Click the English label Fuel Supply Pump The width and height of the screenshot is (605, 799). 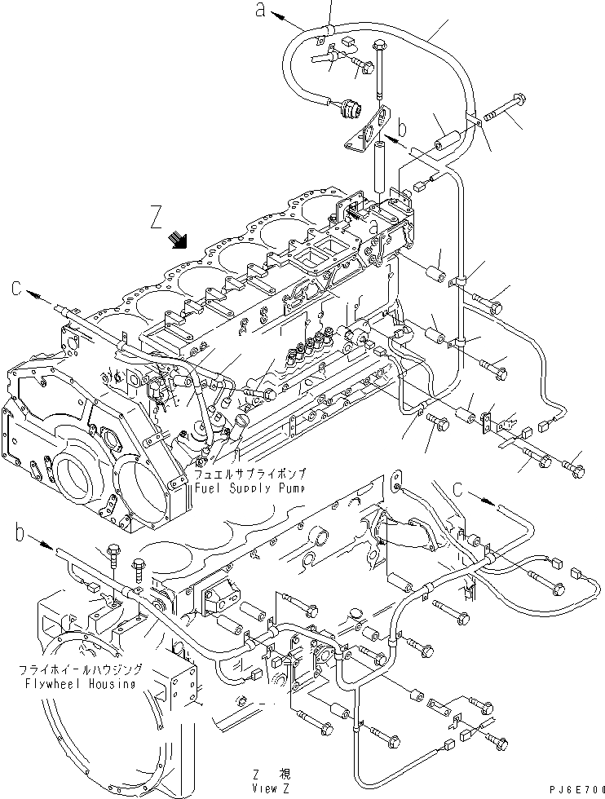click(x=250, y=488)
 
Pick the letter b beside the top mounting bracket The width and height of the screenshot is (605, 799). click(x=401, y=129)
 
